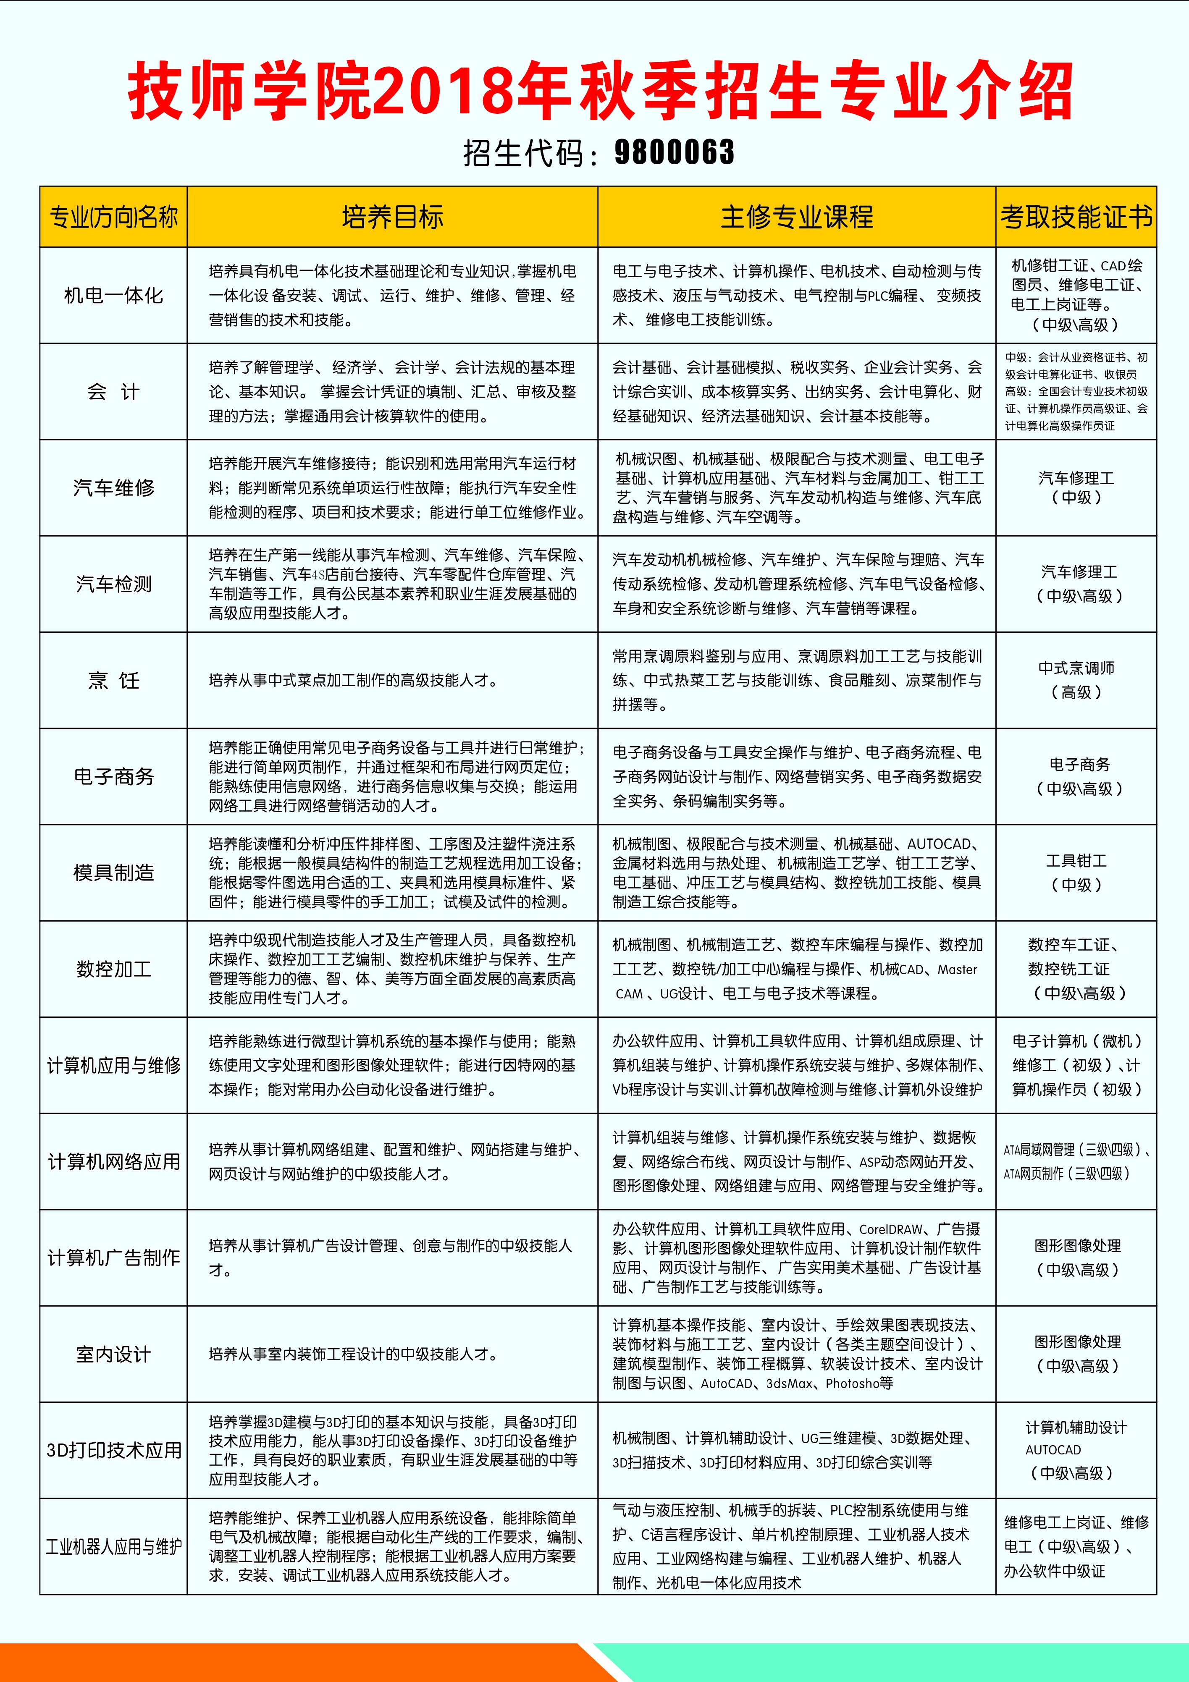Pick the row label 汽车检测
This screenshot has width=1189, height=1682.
pos(113,584)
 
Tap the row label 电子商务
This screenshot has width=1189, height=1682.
pos(113,776)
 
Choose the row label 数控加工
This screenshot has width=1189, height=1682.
pos(113,969)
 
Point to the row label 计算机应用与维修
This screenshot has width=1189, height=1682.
pos(113,1065)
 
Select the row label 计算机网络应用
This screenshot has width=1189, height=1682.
pos(113,1162)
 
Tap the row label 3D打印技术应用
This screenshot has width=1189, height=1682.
pos(113,1451)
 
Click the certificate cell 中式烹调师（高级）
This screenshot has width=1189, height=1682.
pos(1076,680)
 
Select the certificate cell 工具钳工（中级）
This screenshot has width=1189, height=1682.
pos(1076,872)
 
